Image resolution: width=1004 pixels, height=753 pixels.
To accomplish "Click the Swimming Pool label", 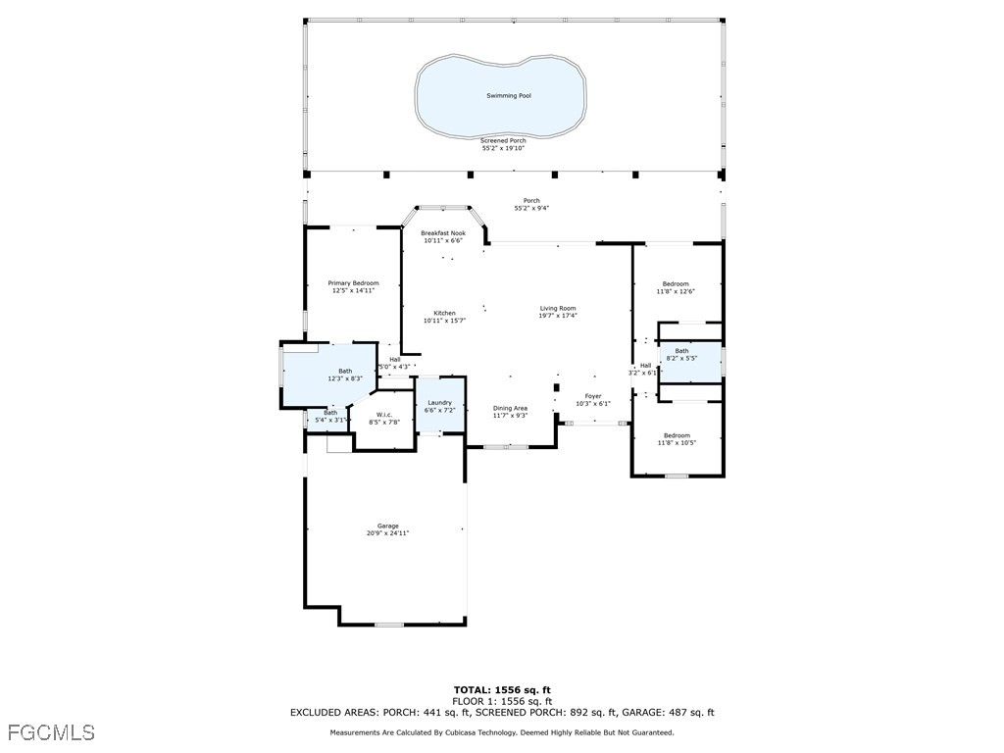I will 502,96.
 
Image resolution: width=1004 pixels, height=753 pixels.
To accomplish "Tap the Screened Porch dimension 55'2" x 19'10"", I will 503,148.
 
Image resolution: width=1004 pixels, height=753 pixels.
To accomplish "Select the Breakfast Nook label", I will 443,233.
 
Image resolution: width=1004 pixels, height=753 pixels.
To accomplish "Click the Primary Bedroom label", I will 353,283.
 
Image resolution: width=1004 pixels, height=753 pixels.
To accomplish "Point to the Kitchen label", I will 443,314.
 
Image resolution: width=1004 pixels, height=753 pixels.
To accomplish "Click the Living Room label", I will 557,309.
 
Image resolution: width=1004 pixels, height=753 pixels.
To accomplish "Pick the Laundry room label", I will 439,403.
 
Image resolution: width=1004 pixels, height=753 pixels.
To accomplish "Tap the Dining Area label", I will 510,408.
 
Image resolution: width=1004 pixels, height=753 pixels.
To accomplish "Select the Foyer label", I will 593,396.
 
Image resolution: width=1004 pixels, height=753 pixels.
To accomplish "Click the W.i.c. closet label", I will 384,415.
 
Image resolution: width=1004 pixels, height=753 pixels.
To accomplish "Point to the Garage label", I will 387,527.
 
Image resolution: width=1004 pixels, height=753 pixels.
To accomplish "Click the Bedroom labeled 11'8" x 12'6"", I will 675,284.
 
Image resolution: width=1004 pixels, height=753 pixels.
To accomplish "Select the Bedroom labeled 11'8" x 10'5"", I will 676,435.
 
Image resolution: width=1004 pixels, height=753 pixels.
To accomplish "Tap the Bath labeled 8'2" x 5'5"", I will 681,351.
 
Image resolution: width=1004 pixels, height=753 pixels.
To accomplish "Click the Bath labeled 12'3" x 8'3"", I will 345,371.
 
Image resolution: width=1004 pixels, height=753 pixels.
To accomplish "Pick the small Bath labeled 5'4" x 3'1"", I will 330,413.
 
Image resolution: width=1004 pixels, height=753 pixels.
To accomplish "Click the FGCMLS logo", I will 51,732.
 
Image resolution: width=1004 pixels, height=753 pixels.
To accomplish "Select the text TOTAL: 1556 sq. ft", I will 502,690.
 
